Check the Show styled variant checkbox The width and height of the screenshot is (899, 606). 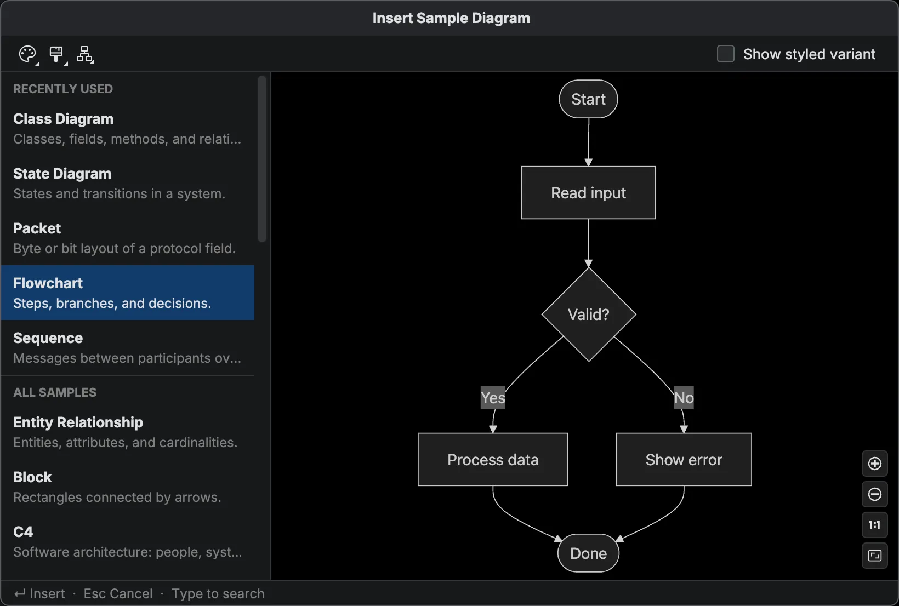tap(725, 54)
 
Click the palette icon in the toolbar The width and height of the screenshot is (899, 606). tap(27, 54)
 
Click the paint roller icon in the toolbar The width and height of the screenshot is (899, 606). tap(56, 54)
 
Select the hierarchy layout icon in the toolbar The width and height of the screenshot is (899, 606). tap(85, 54)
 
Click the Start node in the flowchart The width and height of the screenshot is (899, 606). tap(588, 99)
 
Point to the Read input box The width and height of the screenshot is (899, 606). tap(588, 193)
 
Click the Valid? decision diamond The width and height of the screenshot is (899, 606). tap(588, 315)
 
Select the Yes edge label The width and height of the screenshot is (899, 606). tap(493, 398)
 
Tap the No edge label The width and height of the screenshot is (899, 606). tap(684, 398)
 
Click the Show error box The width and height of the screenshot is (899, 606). tap(684, 460)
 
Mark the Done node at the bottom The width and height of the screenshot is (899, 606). tap(588, 553)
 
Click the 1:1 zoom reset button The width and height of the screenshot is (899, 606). tap(874, 525)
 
